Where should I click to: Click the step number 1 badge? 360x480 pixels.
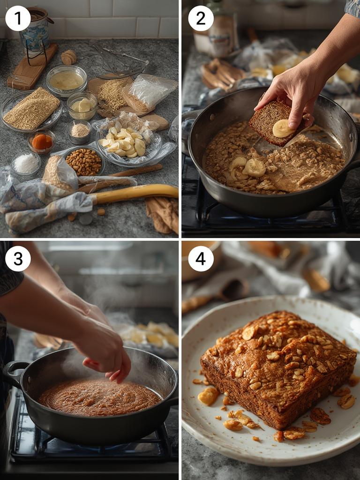(x=18, y=18)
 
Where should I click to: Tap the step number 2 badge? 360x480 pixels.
(x=201, y=18)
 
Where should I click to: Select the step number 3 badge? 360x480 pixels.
(x=18, y=258)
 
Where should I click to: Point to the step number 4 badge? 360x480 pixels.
(x=201, y=258)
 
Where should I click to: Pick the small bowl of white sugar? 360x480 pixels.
(x=26, y=164)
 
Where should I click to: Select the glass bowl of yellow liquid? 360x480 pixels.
(x=66, y=81)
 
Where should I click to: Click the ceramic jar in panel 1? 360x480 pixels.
(x=34, y=29)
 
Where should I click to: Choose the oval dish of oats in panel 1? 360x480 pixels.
(x=31, y=109)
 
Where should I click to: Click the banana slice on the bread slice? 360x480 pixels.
(x=283, y=128)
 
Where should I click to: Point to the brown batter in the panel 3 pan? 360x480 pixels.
(x=98, y=397)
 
